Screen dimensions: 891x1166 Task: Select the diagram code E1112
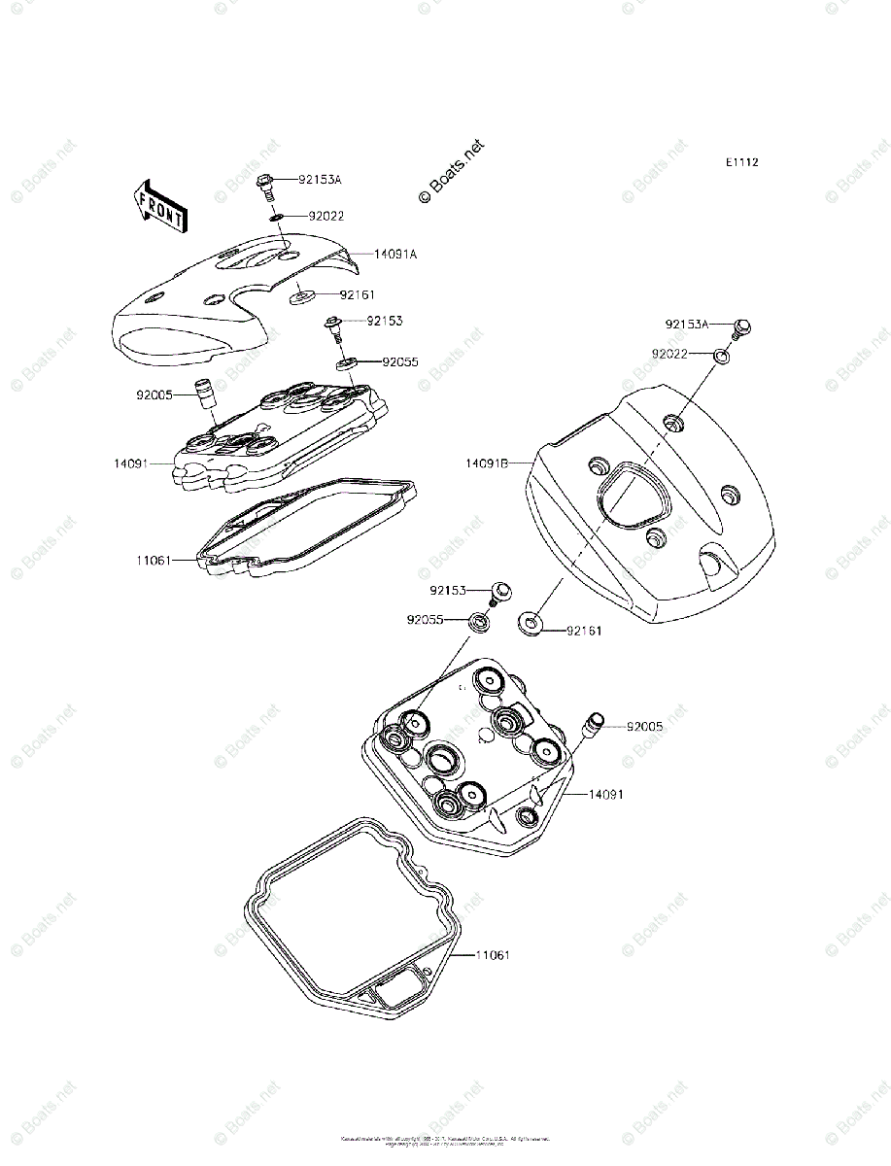[740, 162]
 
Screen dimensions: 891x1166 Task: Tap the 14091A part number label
[395, 254]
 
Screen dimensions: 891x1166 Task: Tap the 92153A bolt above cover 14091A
[264, 182]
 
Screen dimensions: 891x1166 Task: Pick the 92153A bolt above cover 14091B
[743, 328]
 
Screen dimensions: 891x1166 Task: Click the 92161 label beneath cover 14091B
[584, 631]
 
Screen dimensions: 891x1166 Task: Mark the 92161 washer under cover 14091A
[302, 294]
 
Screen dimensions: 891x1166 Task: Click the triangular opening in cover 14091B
[627, 497]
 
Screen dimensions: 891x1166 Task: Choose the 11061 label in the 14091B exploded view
[493, 955]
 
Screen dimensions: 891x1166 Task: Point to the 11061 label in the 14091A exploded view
[154, 561]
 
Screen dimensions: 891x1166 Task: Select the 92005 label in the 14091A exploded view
[154, 395]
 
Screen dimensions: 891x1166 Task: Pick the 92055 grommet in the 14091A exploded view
[347, 363]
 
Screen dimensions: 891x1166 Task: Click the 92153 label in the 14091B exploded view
[449, 590]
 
